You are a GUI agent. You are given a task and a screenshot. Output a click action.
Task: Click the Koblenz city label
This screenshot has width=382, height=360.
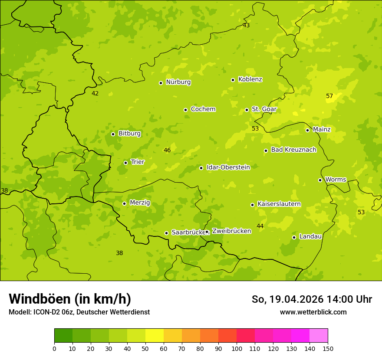coord(250,79)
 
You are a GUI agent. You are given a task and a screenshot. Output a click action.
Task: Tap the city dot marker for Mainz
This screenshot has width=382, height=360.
coord(307,130)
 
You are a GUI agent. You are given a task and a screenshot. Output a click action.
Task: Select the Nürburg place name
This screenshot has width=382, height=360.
coord(178,82)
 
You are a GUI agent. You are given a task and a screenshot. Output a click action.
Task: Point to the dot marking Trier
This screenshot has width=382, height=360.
coord(126,163)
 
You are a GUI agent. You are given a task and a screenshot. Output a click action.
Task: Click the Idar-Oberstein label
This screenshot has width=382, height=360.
coord(228,167)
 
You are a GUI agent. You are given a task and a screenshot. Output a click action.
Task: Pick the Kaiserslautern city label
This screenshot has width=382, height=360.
coord(279,204)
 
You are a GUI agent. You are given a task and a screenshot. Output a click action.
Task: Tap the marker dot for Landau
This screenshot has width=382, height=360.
coord(294,237)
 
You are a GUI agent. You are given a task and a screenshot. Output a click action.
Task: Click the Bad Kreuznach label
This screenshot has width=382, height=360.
coord(293,150)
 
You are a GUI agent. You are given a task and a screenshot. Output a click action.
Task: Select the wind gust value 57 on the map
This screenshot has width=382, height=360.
coord(329,96)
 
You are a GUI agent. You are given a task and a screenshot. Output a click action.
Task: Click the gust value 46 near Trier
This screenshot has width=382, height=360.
coord(167,151)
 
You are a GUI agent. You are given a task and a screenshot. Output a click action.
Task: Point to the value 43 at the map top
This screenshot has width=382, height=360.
coord(246,26)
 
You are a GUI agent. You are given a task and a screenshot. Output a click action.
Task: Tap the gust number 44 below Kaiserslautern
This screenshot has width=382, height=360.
coord(260,226)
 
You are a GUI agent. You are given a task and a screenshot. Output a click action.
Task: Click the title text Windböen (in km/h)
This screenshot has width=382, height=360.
coord(70,299)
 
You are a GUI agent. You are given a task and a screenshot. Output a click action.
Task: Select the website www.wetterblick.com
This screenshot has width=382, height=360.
coord(313,312)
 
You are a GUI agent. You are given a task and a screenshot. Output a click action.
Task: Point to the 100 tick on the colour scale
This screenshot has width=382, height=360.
coord(237,348)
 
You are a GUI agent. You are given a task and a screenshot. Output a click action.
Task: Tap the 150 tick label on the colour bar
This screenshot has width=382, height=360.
coord(328,348)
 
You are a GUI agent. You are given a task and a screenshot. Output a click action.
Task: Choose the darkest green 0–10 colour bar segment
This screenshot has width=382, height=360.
coord(63,336)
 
